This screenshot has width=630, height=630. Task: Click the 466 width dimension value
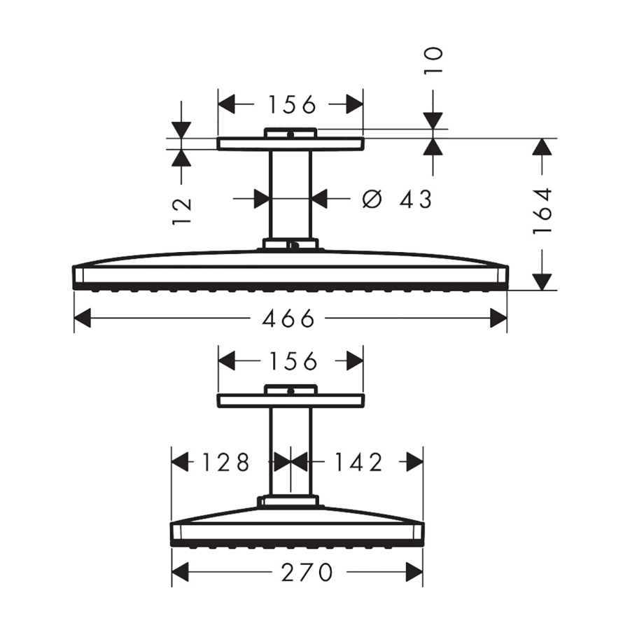pos(289,319)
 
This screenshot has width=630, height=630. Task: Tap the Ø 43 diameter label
pos(397,199)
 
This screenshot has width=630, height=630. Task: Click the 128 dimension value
pos(226,462)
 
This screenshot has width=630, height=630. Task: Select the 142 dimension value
pos(358,462)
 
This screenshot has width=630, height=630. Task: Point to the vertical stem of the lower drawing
pos(290,451)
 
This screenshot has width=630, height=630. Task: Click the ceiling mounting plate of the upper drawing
pos(290,143)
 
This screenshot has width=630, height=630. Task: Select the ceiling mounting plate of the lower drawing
pos(290,400)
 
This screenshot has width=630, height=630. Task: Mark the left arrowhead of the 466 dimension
pos(83,319)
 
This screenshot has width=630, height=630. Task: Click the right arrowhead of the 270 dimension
pos(415,573)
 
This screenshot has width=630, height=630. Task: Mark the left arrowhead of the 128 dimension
pos(181,462)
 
